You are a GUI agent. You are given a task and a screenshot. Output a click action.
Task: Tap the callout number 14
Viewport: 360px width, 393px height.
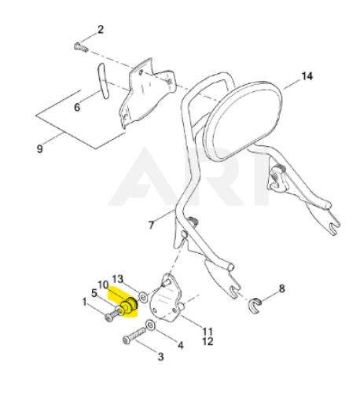(307, 76)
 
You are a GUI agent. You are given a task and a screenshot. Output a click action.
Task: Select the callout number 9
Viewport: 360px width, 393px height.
(39, 149)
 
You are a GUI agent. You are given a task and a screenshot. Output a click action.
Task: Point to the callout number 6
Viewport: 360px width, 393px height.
(77, 107)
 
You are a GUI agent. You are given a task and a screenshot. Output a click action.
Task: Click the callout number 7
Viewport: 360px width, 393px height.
(151, 225)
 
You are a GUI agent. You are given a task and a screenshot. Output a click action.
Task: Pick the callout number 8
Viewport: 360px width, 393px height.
(281, 288)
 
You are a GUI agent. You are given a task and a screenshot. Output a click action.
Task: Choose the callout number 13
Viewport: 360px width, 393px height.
(118, 279)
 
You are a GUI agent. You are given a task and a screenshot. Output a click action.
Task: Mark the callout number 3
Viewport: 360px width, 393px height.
(160, 356)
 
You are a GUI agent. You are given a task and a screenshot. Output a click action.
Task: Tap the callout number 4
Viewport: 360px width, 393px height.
(181, 345)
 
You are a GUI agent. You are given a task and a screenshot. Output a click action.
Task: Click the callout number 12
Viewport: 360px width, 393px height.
(208, 341)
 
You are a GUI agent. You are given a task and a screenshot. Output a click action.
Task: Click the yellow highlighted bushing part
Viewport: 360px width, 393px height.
(130, 306)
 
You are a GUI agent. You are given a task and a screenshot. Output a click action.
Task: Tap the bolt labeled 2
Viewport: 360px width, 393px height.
(81, 48)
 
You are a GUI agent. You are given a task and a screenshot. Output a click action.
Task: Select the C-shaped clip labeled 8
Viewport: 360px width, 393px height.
(255, 306)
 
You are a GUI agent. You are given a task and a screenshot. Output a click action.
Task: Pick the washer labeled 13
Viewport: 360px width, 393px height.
(143, 297)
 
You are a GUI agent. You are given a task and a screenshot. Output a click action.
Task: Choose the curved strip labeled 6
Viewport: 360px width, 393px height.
(103, 81)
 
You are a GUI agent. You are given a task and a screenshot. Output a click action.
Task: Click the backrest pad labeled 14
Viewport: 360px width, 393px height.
(242, 120)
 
